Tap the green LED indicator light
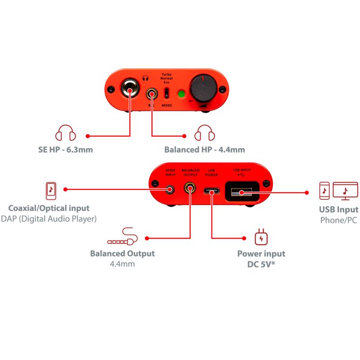pos(182,94)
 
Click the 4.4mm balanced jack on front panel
pos(153,94)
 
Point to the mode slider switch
pos(166,94)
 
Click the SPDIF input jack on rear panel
pos(171,189)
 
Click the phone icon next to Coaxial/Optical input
pos(51,190)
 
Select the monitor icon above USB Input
pos(345,191)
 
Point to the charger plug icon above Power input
pos(261,237)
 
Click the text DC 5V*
pos(261,264)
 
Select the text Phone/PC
pos(339,220)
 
